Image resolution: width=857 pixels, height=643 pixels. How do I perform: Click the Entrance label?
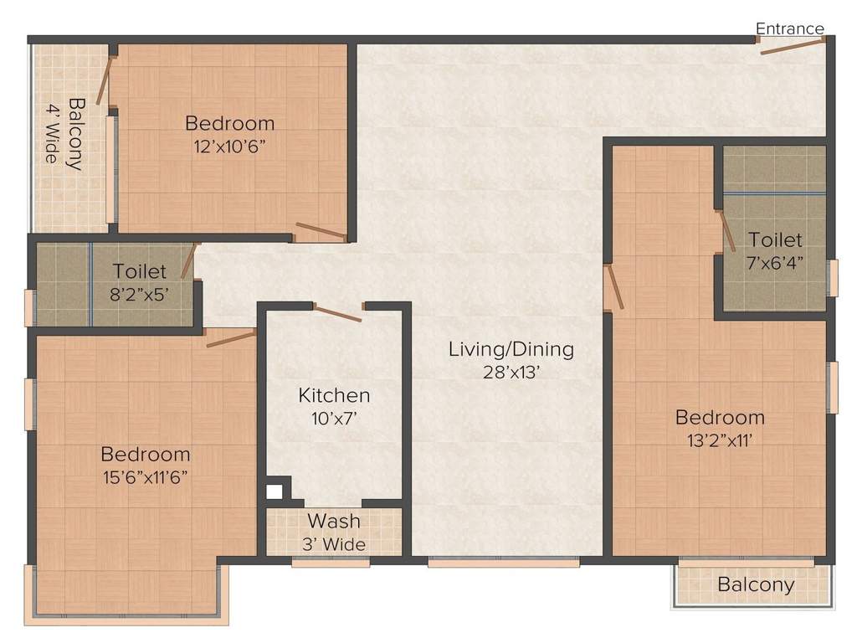pyautogui.click(x=789, y=28)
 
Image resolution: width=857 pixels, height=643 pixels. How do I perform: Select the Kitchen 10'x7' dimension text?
pyautogui.click(x=334, y=417)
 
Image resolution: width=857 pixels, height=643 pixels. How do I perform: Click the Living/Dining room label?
pyautogui.click(x=511, y=349)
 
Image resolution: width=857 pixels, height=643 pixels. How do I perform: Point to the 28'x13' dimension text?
pyautogui.click(x=511, y=372)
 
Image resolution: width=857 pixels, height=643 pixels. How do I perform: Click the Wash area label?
pyautogui.click(x=334, y=522)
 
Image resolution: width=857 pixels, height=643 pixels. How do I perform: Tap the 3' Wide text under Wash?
pyautogui.click(x=334, y=544)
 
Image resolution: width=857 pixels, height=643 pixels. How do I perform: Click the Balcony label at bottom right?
pyautogui.click(x=756, y=584)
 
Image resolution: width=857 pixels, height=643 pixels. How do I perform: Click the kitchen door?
pyautogui.click(x=337, y=313)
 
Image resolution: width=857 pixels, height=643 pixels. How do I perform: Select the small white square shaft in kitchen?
pyautogui.click(x=274, y=492)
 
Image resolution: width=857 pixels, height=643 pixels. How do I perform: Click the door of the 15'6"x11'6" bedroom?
pyautogui.click(x=231, y=337)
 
